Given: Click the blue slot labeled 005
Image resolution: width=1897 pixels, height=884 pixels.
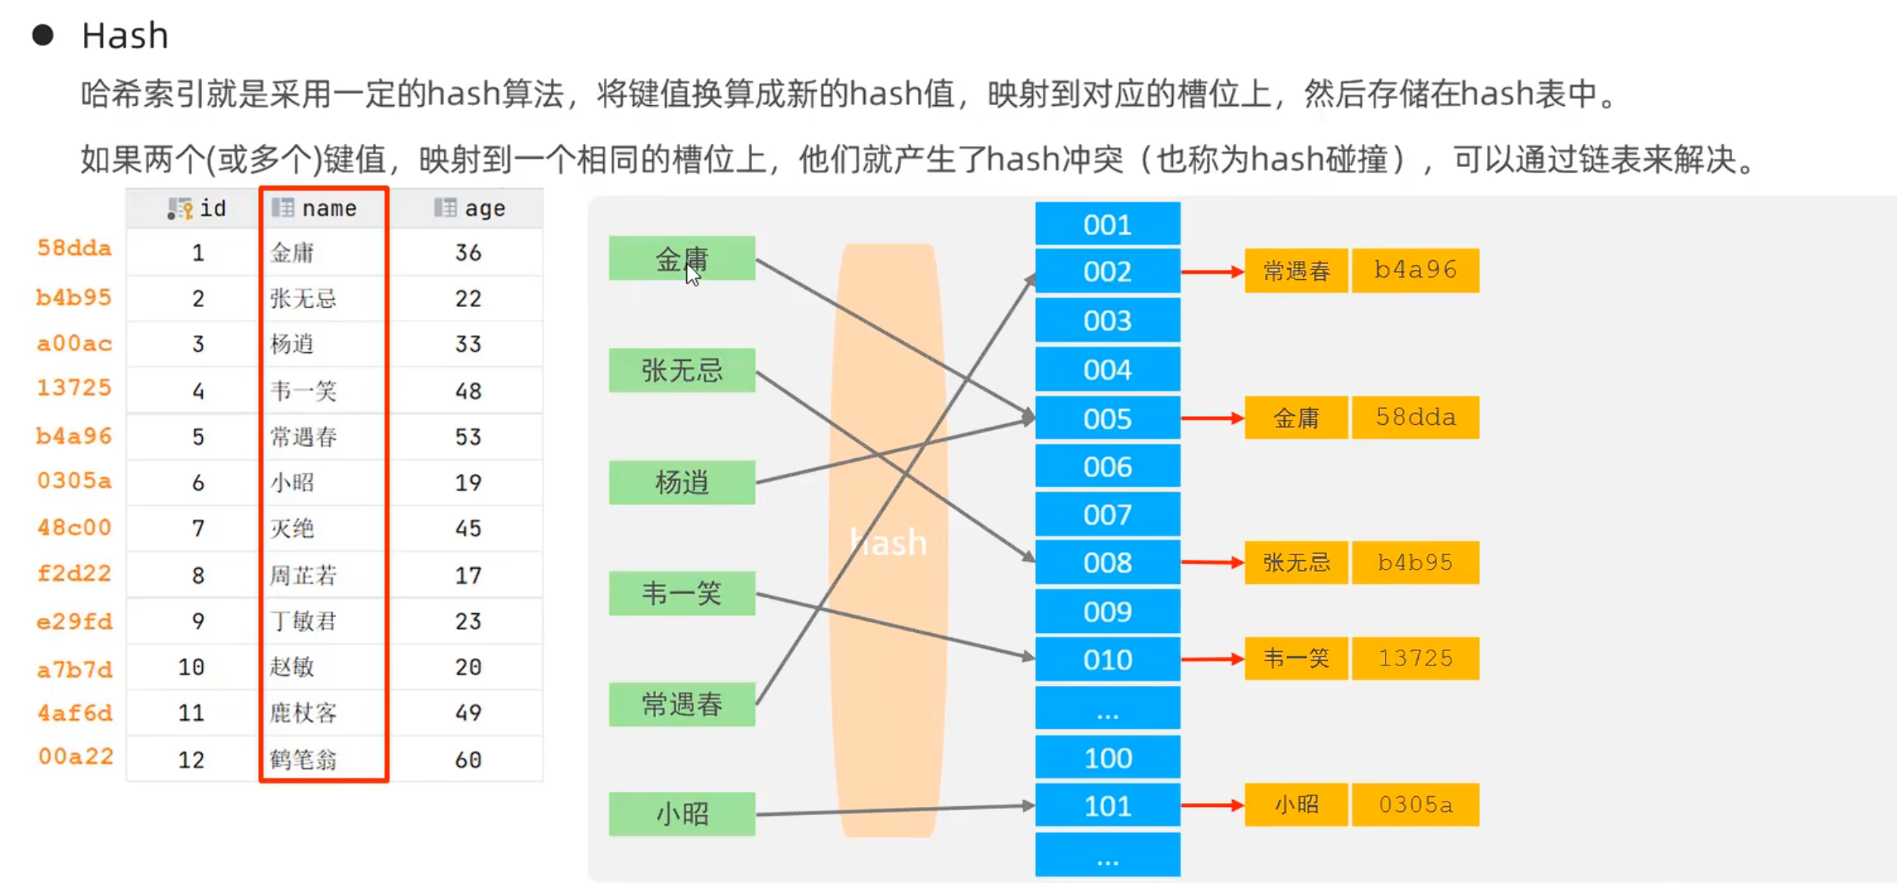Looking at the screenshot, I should click(1107, 418).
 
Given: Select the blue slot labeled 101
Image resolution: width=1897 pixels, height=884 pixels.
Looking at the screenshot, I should click(1107, 805).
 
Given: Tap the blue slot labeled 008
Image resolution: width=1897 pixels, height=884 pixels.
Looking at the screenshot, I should click(1107, 563).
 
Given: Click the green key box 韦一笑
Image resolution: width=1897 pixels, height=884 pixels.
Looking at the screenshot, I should click(682, 594).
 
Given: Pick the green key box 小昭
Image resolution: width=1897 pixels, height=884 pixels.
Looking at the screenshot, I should click(682, 814).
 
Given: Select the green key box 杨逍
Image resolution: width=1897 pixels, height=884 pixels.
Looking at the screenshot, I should click(682, 482).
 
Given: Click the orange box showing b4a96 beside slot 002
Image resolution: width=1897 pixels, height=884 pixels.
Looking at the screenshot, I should click(1415, 270).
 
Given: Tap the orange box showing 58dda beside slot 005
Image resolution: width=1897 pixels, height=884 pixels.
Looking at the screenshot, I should click(1415, 417).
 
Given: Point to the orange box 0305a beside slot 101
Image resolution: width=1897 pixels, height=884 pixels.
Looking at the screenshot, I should click(1415, 805).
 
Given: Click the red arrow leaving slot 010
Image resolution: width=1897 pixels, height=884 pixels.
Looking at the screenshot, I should click(1212, 659).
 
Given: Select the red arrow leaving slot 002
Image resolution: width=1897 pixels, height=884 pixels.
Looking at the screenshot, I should click(1212, 271).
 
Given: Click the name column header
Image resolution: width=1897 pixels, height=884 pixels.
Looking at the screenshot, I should click(324, 208).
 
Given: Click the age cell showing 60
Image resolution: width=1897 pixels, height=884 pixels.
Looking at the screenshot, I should click(468, 759).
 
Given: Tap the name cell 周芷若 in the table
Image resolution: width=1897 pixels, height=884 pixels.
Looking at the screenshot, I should click(303, 575).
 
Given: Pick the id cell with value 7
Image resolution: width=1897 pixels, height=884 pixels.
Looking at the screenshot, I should click(197, 529).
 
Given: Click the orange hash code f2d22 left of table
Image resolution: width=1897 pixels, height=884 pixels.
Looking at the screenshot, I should click(74, 573).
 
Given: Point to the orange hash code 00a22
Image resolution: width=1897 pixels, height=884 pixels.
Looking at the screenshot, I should click(76, 756).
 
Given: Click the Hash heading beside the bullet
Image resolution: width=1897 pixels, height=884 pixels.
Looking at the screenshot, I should click(125, 36).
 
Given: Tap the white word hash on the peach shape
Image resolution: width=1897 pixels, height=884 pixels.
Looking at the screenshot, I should click(888, 542).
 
